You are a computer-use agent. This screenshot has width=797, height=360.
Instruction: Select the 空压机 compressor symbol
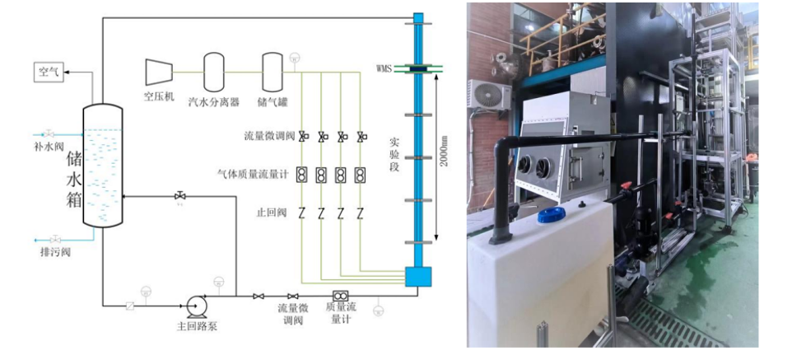click(158, 71)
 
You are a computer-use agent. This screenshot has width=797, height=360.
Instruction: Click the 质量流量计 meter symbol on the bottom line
click(339, 297)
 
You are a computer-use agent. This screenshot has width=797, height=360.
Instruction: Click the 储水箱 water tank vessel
click(103, 165)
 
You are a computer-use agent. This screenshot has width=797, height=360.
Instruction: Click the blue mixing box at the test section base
click(418, 276)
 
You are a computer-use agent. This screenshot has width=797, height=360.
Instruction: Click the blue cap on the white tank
click(551, 215)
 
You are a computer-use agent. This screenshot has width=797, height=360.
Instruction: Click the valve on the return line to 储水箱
click(179, 196)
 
